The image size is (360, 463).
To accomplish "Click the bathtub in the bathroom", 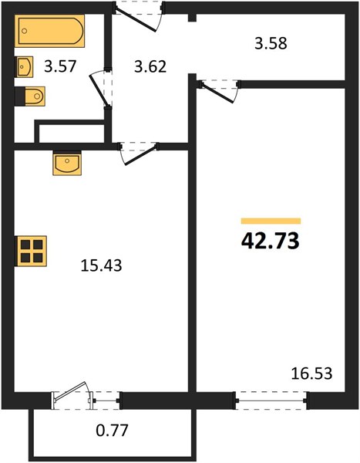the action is (x=50, y=31).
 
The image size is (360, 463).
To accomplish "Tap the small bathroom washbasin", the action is (x=24, y=66).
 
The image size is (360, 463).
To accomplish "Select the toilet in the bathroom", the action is (x=30, y=96).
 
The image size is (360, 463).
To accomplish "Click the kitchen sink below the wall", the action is (x=67, y=163).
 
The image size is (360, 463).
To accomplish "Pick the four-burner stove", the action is (x=30, y=251).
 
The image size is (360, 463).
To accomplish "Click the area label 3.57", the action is (x=60, y=66).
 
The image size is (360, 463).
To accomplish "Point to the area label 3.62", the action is (x=150, y=66).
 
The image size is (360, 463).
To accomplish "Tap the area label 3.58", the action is (x=271, y=43).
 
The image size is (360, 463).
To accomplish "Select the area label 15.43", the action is (x=101, y=265).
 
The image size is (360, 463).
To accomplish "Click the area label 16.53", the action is (x=311, y=373).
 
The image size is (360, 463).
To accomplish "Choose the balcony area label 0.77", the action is (x=112, y=431).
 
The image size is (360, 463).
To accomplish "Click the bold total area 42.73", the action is (x=271, y=241).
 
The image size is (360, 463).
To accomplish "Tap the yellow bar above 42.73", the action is (x=271, y=221).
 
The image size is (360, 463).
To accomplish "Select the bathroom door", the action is (x=99, y=89).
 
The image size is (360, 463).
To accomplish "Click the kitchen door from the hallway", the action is (x=140, y=154).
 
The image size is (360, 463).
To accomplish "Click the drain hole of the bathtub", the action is (x=25, y=31).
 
